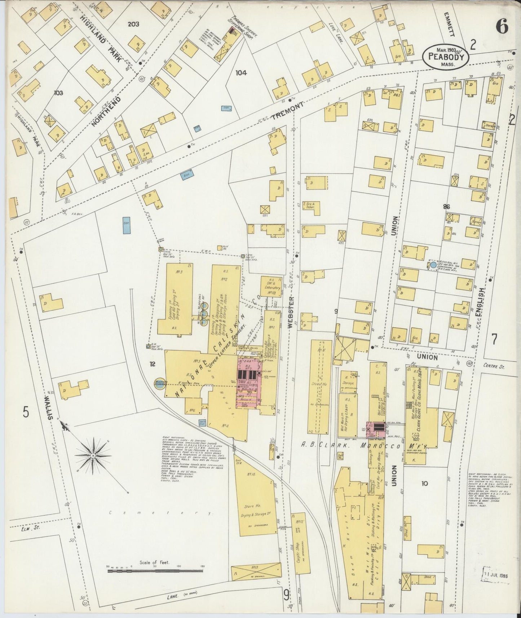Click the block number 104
pyautogui.click(x=241, y=73)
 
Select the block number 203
pyautogui.click(x=133, y=24)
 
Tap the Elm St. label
pyautogui.click(x=21, y=529)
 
